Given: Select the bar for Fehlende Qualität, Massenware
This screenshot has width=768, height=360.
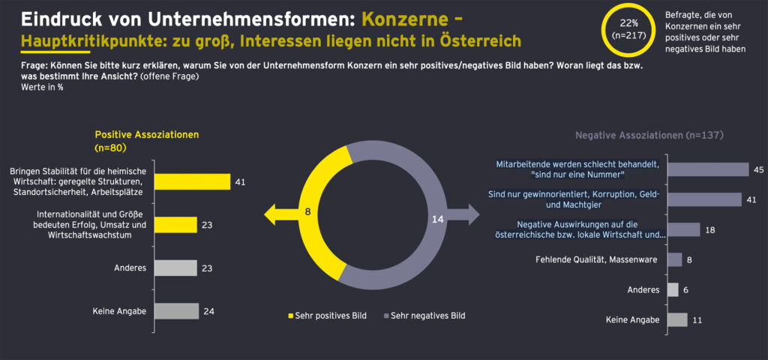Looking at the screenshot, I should pyautogui.click(x=674, y=259).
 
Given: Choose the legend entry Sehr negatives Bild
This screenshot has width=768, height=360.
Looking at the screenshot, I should pyautogui.click(x=424, y=316).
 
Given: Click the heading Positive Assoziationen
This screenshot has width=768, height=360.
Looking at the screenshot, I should pyautogui.click(x=146, y=135).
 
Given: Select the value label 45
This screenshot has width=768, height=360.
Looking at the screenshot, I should pyautogui.click(x=758, y=169).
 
